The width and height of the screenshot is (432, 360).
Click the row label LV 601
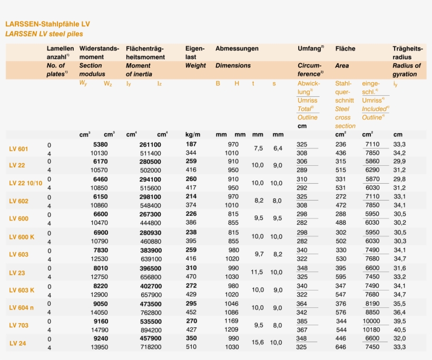pyautogui.click(x=18, y=149)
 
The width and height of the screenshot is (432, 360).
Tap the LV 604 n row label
pyautogui.click(x=22, y=307)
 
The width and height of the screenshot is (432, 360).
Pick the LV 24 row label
pyautogui.click(x=17, y=343)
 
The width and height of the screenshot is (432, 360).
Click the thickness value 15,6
pyautogui.click(x=258, y=343)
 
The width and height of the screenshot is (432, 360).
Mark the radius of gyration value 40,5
pyautogui.click(x=399, y=330)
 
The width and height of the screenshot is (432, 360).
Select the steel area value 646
pyautogui.click(x=341, y=347)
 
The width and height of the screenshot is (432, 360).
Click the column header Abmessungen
pyautogui.click(x=237, y=48)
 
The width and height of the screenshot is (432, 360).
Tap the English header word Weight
pyautogui.click(x=195, y=66)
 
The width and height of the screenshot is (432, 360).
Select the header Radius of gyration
pyautogui.click(x=407, y=70)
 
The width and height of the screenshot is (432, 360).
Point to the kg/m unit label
pyautogui.click(x=193, y=135)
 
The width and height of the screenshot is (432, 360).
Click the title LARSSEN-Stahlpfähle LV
pyautogui.click(x=47, y=24)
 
